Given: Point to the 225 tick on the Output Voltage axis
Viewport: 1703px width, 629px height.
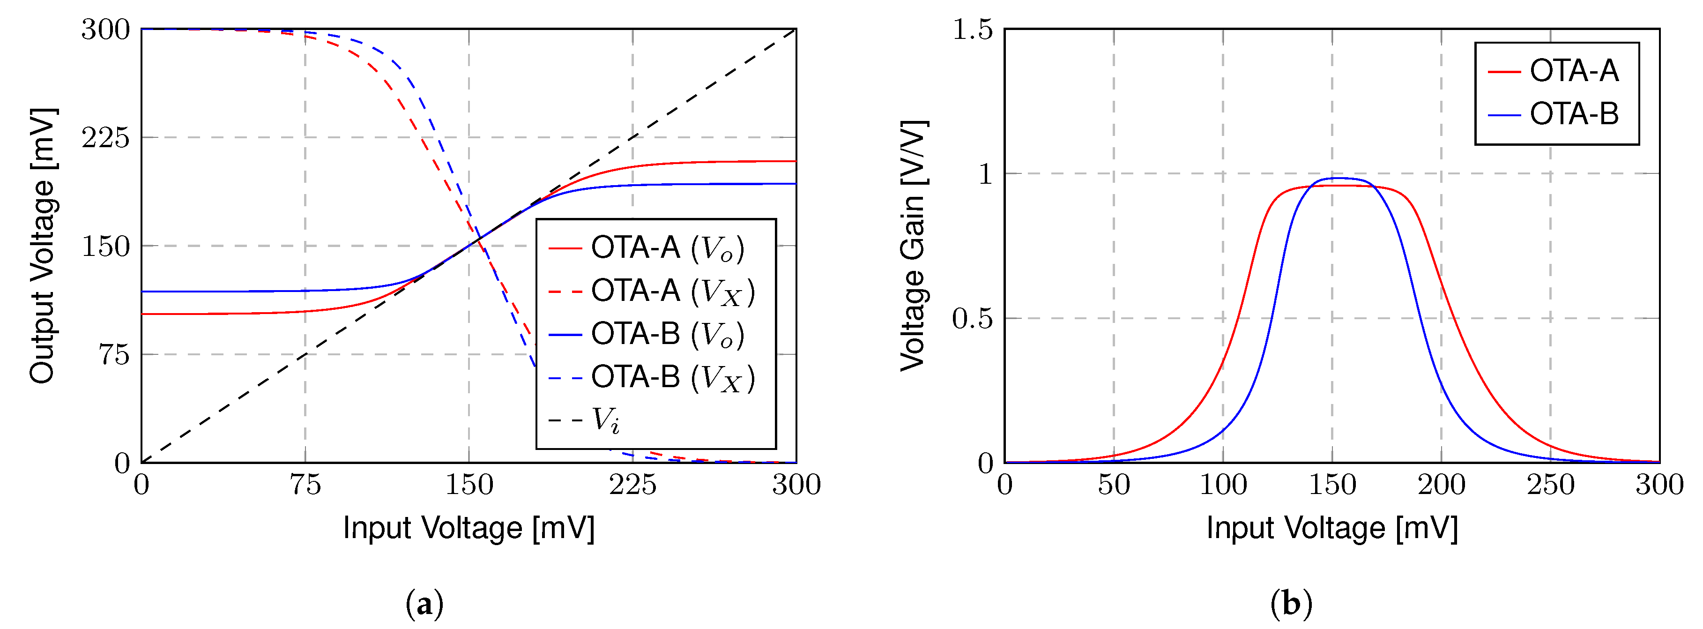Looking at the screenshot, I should click(106, 138).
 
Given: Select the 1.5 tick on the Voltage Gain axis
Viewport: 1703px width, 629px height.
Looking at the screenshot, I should click(972, 29).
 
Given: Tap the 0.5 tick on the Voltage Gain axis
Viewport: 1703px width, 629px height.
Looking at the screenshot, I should click(972, 319).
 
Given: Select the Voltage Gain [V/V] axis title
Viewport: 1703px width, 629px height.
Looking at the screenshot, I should click(914, 246).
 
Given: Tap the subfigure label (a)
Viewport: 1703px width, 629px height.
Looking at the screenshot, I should click(424, 604).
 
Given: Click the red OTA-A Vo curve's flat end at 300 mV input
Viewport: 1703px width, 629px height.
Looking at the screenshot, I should click(793, 161).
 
